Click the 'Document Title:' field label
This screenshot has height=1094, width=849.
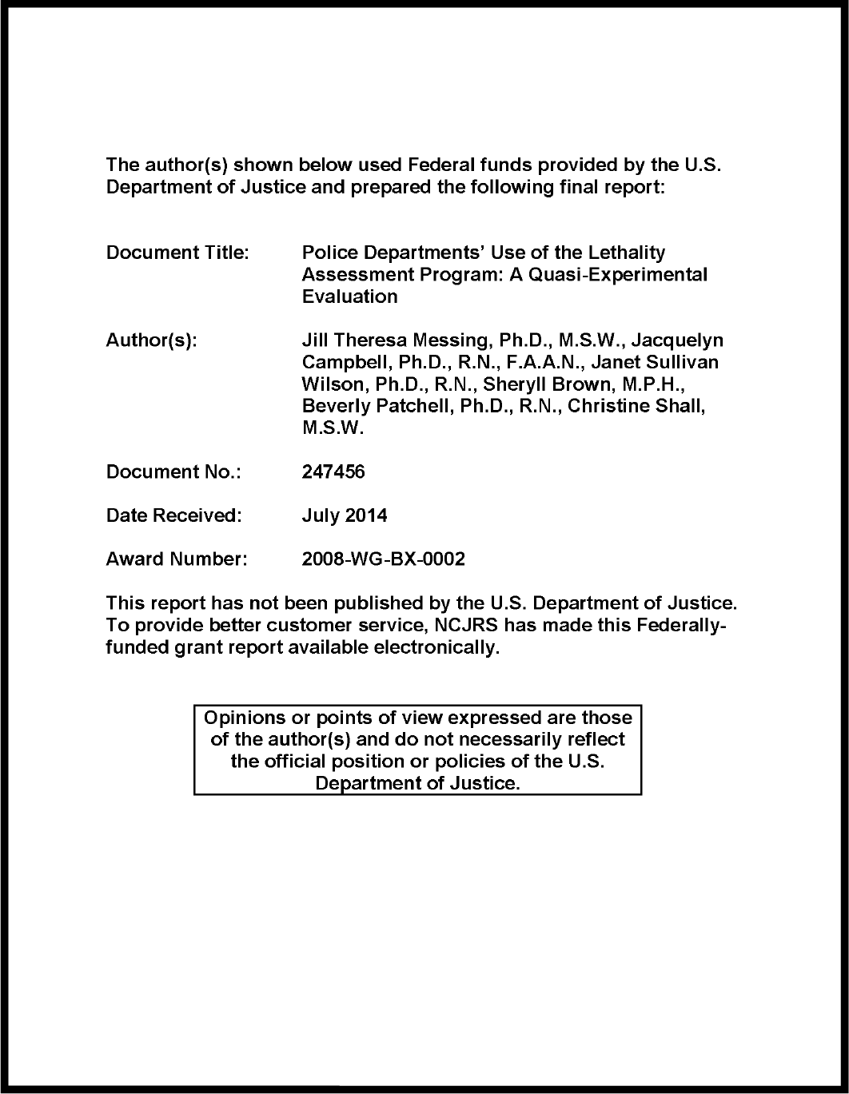[x=177, y=253]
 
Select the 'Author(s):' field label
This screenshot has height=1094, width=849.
[x=151, y=341]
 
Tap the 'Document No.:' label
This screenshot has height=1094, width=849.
[x=173, y=472]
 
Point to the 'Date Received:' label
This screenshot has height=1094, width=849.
[x=173, y=516]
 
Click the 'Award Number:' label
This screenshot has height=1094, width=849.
[x=177, y=560]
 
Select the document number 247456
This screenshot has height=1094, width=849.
[x=333, y=472]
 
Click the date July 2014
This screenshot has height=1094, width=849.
[x=345, y=516]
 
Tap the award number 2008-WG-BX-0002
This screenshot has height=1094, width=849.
[x=383, y=560]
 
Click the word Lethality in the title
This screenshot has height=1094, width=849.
[x=628, y=253]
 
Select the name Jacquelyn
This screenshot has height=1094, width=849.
[x=677, y=341]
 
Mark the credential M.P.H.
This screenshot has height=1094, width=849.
[x=654, y=384]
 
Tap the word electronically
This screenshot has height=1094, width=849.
[x=436, y=647]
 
